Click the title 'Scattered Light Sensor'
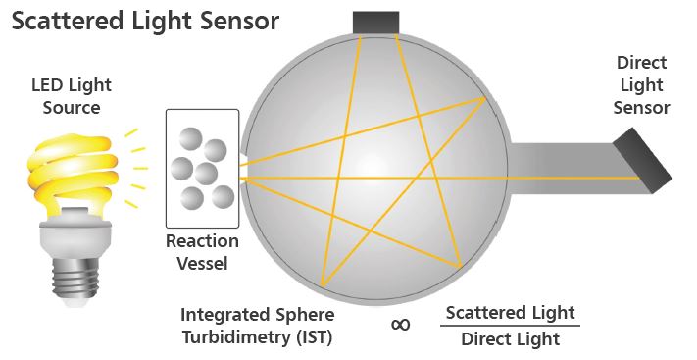(145, 21)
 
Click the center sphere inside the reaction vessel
(205, 174)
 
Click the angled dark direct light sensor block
(641, 161)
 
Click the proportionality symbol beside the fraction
(401, 325)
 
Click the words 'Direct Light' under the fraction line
(510, 339)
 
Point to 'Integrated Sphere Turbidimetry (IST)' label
(258, 328)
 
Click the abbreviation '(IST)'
(315, 340)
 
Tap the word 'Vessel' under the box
(201, 263)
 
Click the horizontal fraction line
(510, 327)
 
